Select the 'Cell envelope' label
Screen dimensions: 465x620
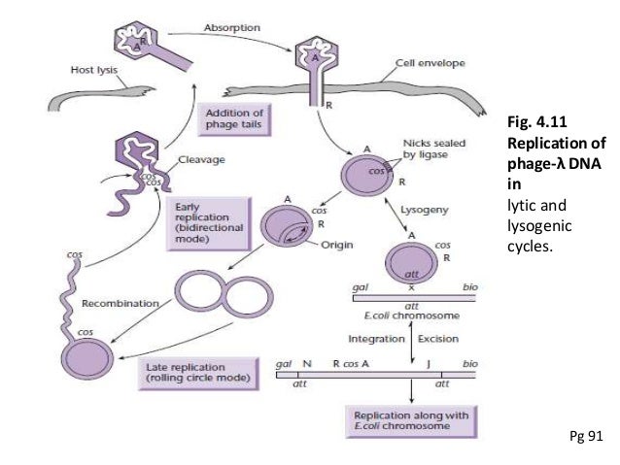coord(430,63)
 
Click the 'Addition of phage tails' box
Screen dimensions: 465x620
coord(233,118)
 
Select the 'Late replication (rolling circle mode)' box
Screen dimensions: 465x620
coord(197,372)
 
